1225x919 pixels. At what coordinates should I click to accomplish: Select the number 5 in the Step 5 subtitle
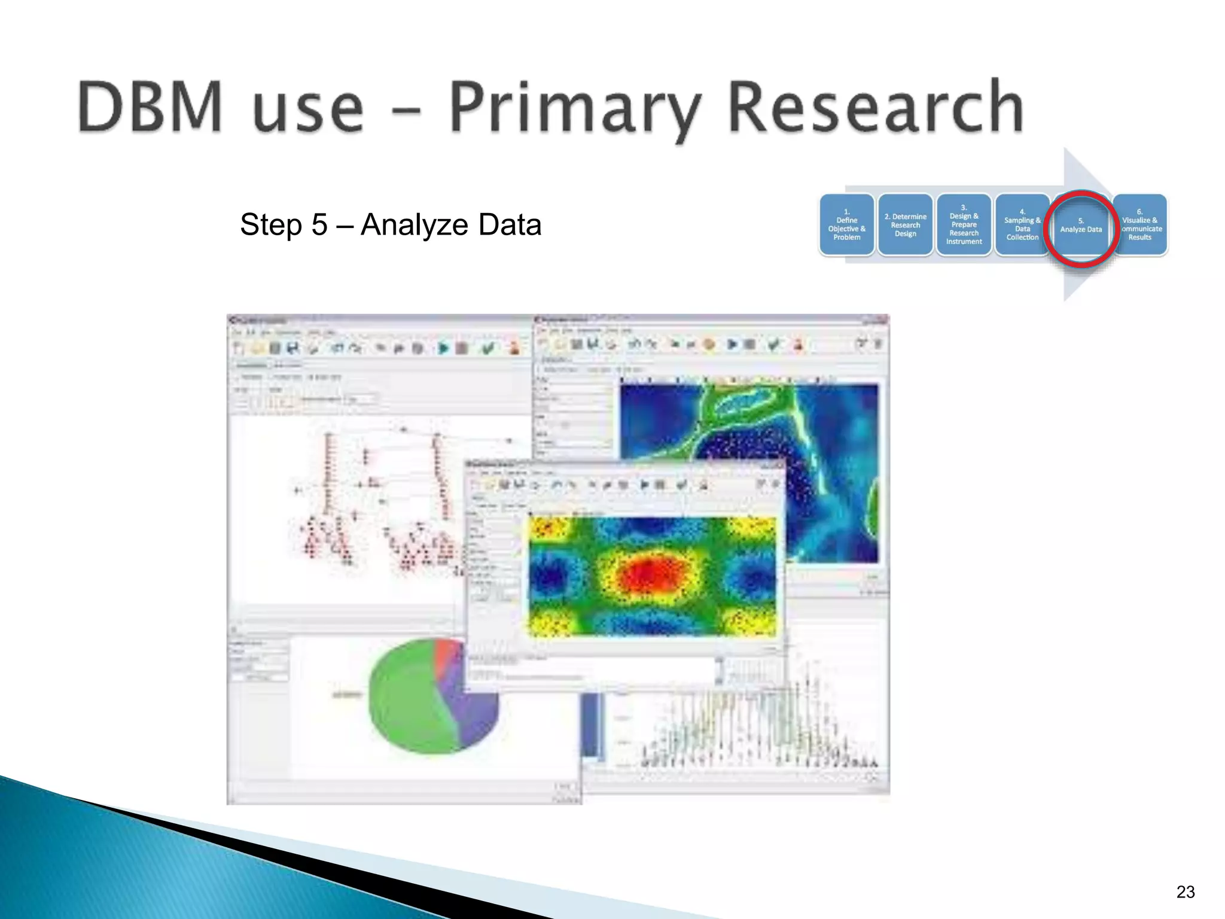pos(319,225)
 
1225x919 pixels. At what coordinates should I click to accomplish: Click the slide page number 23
pos(1185,892)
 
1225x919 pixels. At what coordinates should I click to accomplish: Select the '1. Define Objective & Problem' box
pos(846,225)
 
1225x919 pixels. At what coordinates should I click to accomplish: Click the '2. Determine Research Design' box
pos(905,225)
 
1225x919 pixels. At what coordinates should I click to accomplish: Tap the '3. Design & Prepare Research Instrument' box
pos(964,225)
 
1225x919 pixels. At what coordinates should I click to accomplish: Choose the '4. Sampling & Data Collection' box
pos(1022,225)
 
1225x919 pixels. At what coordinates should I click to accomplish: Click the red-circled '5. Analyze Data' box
pos(1081,227)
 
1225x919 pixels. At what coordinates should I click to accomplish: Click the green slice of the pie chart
pos(404,700)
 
